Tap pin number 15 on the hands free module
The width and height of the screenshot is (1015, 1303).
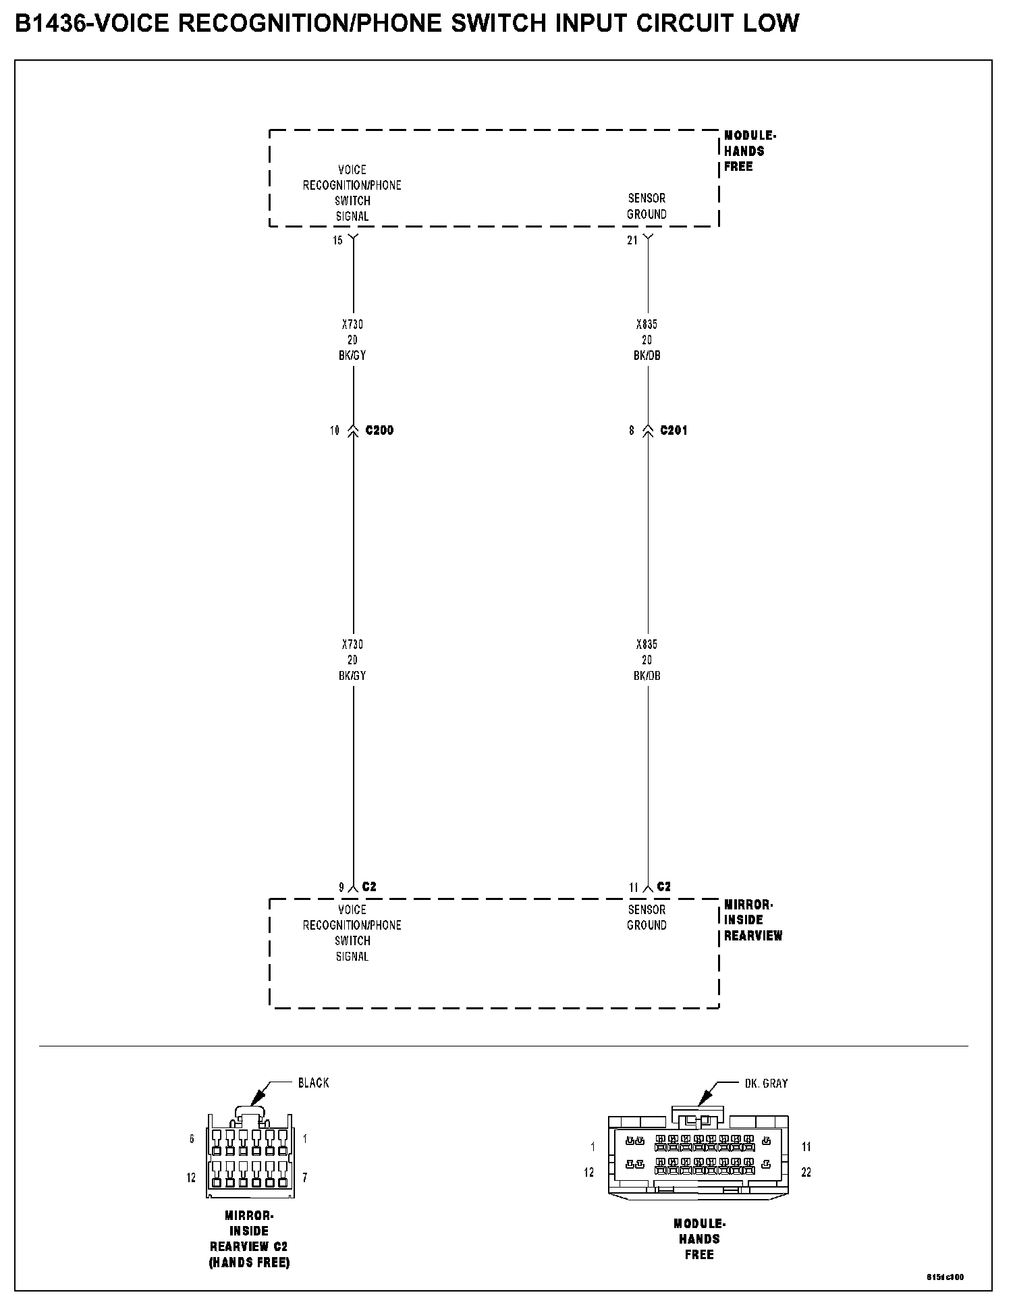point(337,241)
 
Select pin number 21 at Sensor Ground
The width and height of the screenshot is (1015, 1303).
point(632,241)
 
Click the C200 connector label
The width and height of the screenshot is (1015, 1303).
point(379,431)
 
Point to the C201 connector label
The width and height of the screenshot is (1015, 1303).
point(674,431)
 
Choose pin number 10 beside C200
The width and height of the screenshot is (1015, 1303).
point(335,431)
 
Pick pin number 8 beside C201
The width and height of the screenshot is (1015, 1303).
point(632,431)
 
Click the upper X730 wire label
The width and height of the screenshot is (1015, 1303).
point(352,325)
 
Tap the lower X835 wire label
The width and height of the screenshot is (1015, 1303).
point(647,645)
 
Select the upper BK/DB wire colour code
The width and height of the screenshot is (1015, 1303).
point(647,356)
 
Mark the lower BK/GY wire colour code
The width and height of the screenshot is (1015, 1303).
point(352,676)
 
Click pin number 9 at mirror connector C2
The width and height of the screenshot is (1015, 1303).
point(341,888)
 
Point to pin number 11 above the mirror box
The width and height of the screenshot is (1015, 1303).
point(633,888)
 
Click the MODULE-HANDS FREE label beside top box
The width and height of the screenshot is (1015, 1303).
point(749,151)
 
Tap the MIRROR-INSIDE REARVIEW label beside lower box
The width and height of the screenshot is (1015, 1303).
point(752,920)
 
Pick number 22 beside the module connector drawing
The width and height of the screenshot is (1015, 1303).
point(806,1173)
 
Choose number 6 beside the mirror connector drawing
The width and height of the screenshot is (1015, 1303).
point(192,1139)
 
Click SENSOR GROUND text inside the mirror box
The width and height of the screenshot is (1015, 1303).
point(647,918)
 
